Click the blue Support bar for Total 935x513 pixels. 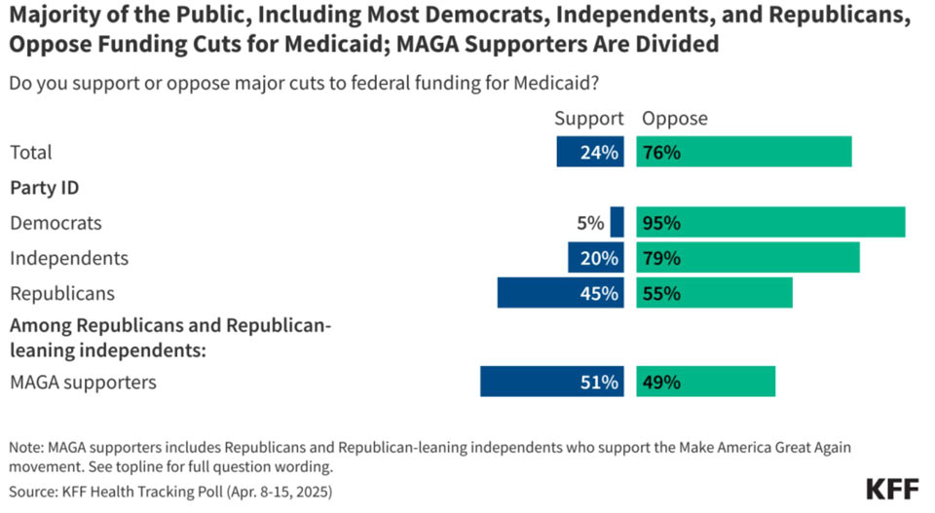[x=590, y=151]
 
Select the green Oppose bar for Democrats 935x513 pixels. [x=771, y=222]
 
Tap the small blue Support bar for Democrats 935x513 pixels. [x=617, y=222]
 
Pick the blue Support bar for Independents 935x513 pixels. [x=596, y=257]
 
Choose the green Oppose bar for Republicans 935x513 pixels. [x=714, y=293]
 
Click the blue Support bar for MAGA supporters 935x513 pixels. [x=552, y=382]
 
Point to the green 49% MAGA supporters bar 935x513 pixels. [x=706, y=382]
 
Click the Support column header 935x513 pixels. [x=589, y=118]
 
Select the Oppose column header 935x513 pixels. [x=675, y=118]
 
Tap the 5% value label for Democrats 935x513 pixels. [x=590, y=223]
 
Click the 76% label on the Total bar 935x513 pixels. [x=662, y=153]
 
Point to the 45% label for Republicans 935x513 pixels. [x=599, y=293]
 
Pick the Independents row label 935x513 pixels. [x=69, y=258]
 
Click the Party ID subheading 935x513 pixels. [x=45, y=188]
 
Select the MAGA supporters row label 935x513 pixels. [x=84, y=382]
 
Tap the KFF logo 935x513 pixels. [x=892, y=490]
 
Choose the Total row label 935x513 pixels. [x=31, y=153]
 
